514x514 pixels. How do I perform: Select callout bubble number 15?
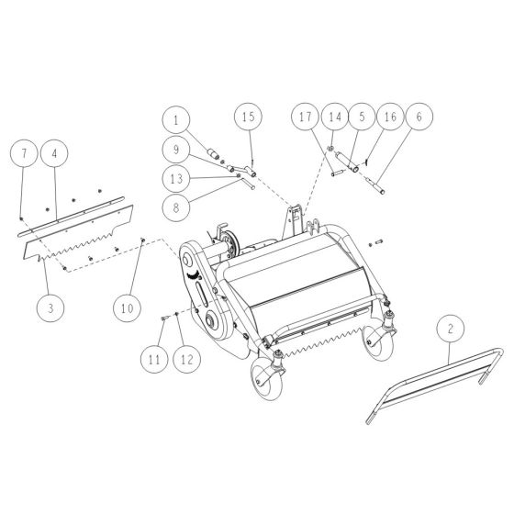[248, 117]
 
